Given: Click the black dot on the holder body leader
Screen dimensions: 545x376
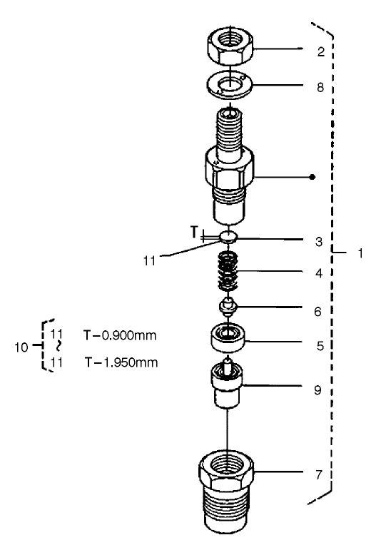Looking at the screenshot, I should click(312, 176).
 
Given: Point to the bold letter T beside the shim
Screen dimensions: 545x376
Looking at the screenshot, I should click(193, 231).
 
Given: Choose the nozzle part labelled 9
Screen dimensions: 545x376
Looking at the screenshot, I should click(228, 385).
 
